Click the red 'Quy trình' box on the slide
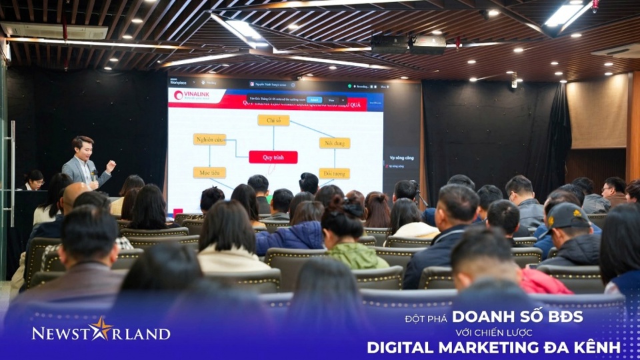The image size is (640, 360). click(x=273, y=157)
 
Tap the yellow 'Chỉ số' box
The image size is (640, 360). click(x=273, y=120)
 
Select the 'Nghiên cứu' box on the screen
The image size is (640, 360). click(x=209, y=139)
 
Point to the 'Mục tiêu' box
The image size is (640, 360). click(x=209, y=173)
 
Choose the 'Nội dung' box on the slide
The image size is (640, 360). click(x=334, y=143)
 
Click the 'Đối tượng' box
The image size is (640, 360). click(x=334, y=173)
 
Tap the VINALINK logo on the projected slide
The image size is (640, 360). click(x=191, y=95)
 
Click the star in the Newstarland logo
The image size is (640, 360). click(x=101, y=328)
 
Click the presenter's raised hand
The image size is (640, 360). click(x=111, y=165)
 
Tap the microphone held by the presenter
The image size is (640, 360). click(x=94, y=175)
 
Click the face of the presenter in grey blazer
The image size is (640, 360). click(x=83, y=147)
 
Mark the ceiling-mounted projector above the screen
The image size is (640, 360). click(x=408, y=44)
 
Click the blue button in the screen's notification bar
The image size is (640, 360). click(x=315, y=99)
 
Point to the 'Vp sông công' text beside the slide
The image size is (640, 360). click(x=401, y=158)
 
